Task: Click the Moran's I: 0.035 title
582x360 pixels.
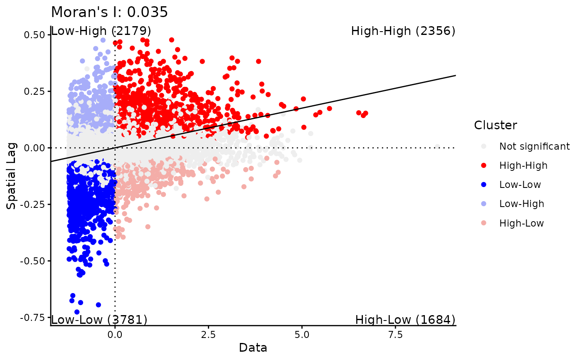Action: tap(109, 12)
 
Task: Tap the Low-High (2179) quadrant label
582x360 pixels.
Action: tap(101, 31)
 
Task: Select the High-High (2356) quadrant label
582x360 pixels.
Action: tap(403, 31)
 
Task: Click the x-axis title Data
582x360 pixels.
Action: tap(253, 348)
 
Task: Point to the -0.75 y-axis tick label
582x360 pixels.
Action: tap(32, 318)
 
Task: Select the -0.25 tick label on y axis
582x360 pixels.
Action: tap(32, 205)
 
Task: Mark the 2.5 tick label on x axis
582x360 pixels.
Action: tap(208, 335)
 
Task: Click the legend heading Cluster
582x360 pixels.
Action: tap(496, 125)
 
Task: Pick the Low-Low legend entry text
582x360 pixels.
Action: tap(520, 185)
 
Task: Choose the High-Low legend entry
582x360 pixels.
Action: tap(521, 223)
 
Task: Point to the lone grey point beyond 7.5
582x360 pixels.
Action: tap(437, 147)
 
